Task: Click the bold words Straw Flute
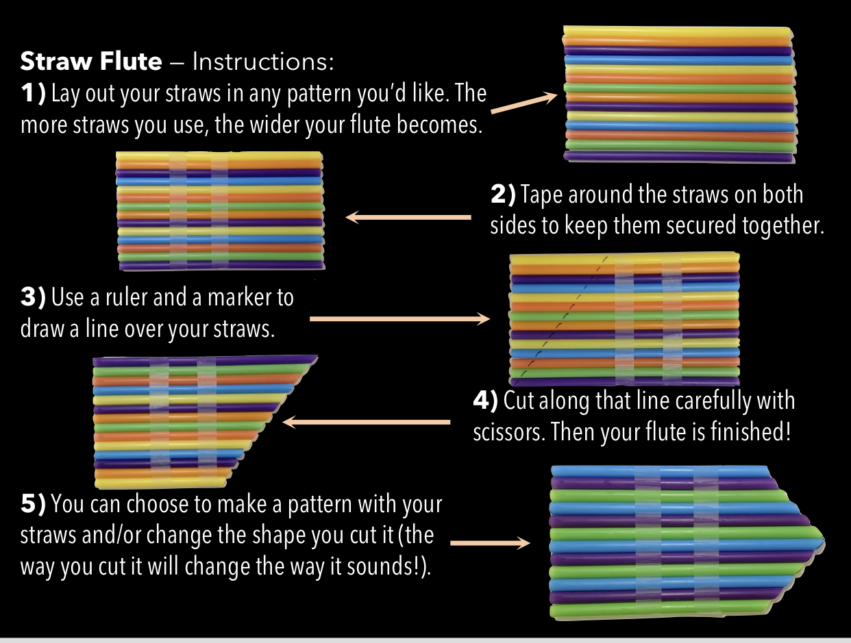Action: [x=91, y=61]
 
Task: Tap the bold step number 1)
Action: [x=34, y=93]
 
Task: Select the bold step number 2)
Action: [x=503, y=194]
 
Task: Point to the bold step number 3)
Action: [x=34, y=297]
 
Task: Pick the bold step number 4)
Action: [x=485, y=400]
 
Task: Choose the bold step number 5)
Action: [x=34, y=503]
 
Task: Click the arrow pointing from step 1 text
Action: [x=524, y=103]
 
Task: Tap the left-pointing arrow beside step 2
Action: [x=408, y=217]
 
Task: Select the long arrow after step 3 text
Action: [x=399, y=319]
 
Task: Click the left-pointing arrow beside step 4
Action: [x=367, y=422]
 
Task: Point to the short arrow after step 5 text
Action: [x=490, y=542]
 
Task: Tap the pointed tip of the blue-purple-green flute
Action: [x=824, y=541]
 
